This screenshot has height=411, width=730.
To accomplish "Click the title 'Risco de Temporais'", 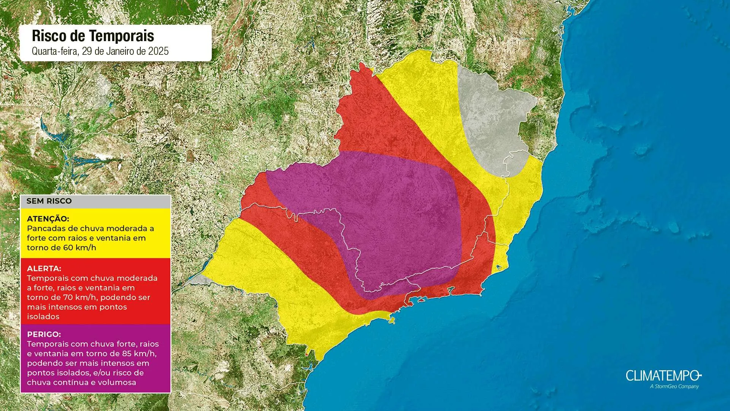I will coord(93,36).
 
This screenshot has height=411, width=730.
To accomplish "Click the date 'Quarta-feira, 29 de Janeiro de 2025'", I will coord(100,51).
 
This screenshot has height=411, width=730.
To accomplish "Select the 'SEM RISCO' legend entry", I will coord(49,201).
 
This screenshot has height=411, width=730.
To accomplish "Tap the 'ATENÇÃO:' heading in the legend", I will coord(48,219).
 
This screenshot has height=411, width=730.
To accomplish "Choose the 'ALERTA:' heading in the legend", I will coord(44,269).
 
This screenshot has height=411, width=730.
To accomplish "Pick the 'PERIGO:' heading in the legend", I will coord(44,335).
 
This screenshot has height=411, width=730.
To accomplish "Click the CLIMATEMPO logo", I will coord(663,376).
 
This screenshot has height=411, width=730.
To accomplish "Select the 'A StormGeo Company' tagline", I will coord(674,387).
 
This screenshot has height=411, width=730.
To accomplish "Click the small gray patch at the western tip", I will coord(200,280).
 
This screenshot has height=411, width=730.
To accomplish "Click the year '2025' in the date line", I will coord(158,51).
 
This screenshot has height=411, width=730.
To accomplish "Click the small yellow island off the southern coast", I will coord(392,320).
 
